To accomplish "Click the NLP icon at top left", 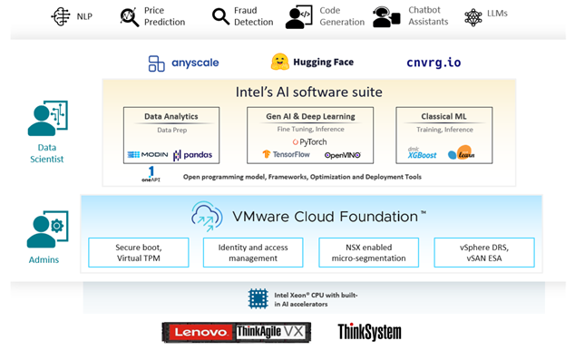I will click(x=62, y=16).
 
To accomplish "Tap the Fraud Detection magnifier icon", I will click(x=220, y=16).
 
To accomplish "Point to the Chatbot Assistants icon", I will click(x=385, y=16).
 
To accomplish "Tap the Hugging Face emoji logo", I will click(x=280, y=62).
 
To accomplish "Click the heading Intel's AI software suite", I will click(x=309, y=92).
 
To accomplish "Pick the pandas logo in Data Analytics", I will click(x=193, y=155).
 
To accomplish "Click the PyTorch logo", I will click(x=310, y=141).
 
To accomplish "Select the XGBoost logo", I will click(x=424, y=154).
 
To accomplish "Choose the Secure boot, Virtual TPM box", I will click(x=138, y=252).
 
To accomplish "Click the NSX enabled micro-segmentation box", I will click(x=368, y=252).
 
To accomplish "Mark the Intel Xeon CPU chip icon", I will click(x=258, y=297).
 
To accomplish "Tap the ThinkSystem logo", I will click(x=370, y=333).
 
